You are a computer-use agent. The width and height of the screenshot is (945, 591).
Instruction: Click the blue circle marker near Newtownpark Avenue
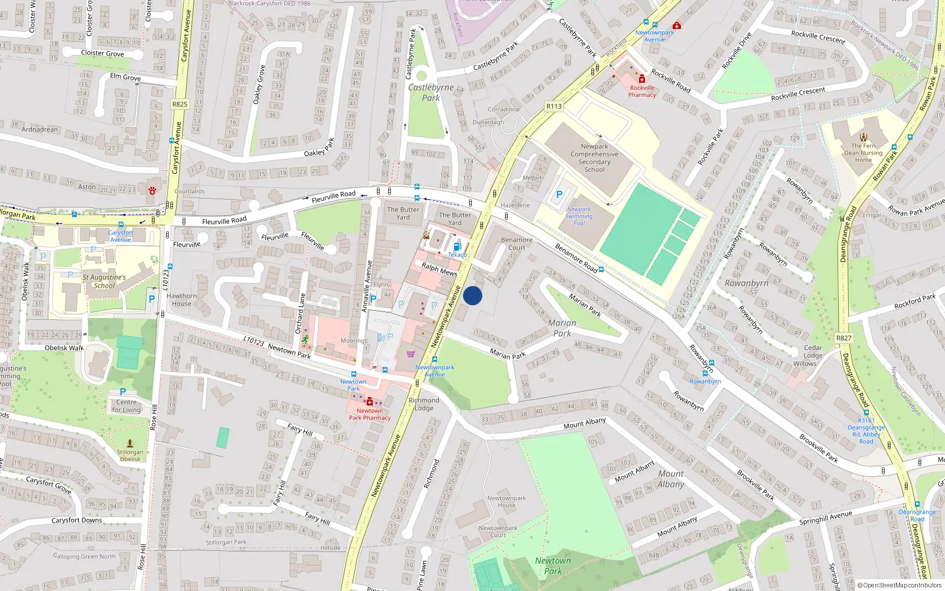coord(472,295)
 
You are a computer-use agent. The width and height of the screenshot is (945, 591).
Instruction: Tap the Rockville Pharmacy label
coord(642,91)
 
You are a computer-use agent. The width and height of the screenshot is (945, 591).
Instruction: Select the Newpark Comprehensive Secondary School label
coord(594,158)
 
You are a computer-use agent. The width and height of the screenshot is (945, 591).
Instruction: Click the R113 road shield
coord(554,106)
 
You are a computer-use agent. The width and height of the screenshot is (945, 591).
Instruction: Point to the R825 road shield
coord(180,104)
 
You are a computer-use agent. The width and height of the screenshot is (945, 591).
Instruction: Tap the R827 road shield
coord(844,338)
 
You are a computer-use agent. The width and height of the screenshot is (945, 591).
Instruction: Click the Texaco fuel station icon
coord(457,246)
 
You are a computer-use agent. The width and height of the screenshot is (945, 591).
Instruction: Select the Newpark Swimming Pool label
coord(579,216)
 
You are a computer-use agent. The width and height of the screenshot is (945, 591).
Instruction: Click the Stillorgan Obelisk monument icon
coord(130,443)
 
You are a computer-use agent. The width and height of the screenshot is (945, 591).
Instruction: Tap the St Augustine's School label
coord(104,281)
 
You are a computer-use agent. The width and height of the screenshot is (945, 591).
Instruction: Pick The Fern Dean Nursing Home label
coord(863,152)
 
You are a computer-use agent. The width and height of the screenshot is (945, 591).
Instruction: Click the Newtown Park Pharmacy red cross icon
coord(370,402)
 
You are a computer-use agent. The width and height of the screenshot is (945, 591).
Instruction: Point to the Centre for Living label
coord(126,406)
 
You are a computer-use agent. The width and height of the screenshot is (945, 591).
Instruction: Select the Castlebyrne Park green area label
coord(431,92)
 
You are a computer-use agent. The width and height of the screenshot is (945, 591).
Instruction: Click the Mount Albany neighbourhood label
coord(671,479)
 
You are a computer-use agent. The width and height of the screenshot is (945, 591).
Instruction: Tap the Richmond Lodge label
coord(424,404)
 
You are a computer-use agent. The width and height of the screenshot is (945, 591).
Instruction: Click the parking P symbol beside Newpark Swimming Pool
coord(559,194)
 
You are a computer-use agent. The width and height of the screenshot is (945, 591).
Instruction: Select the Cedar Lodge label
coord(813,352)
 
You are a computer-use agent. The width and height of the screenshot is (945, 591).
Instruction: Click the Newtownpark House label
coord(506,501)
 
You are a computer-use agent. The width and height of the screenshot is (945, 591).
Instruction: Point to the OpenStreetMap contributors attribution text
coord(900,585)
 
